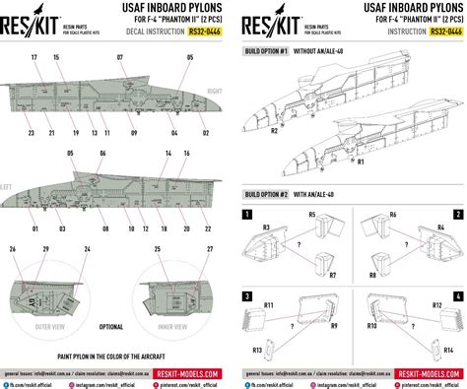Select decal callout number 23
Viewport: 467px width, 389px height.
pos(33,132)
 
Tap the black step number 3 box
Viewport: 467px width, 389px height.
pos(246,296)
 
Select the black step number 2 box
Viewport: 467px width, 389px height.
pos(457,214)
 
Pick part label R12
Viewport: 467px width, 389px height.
pos(435,307)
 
